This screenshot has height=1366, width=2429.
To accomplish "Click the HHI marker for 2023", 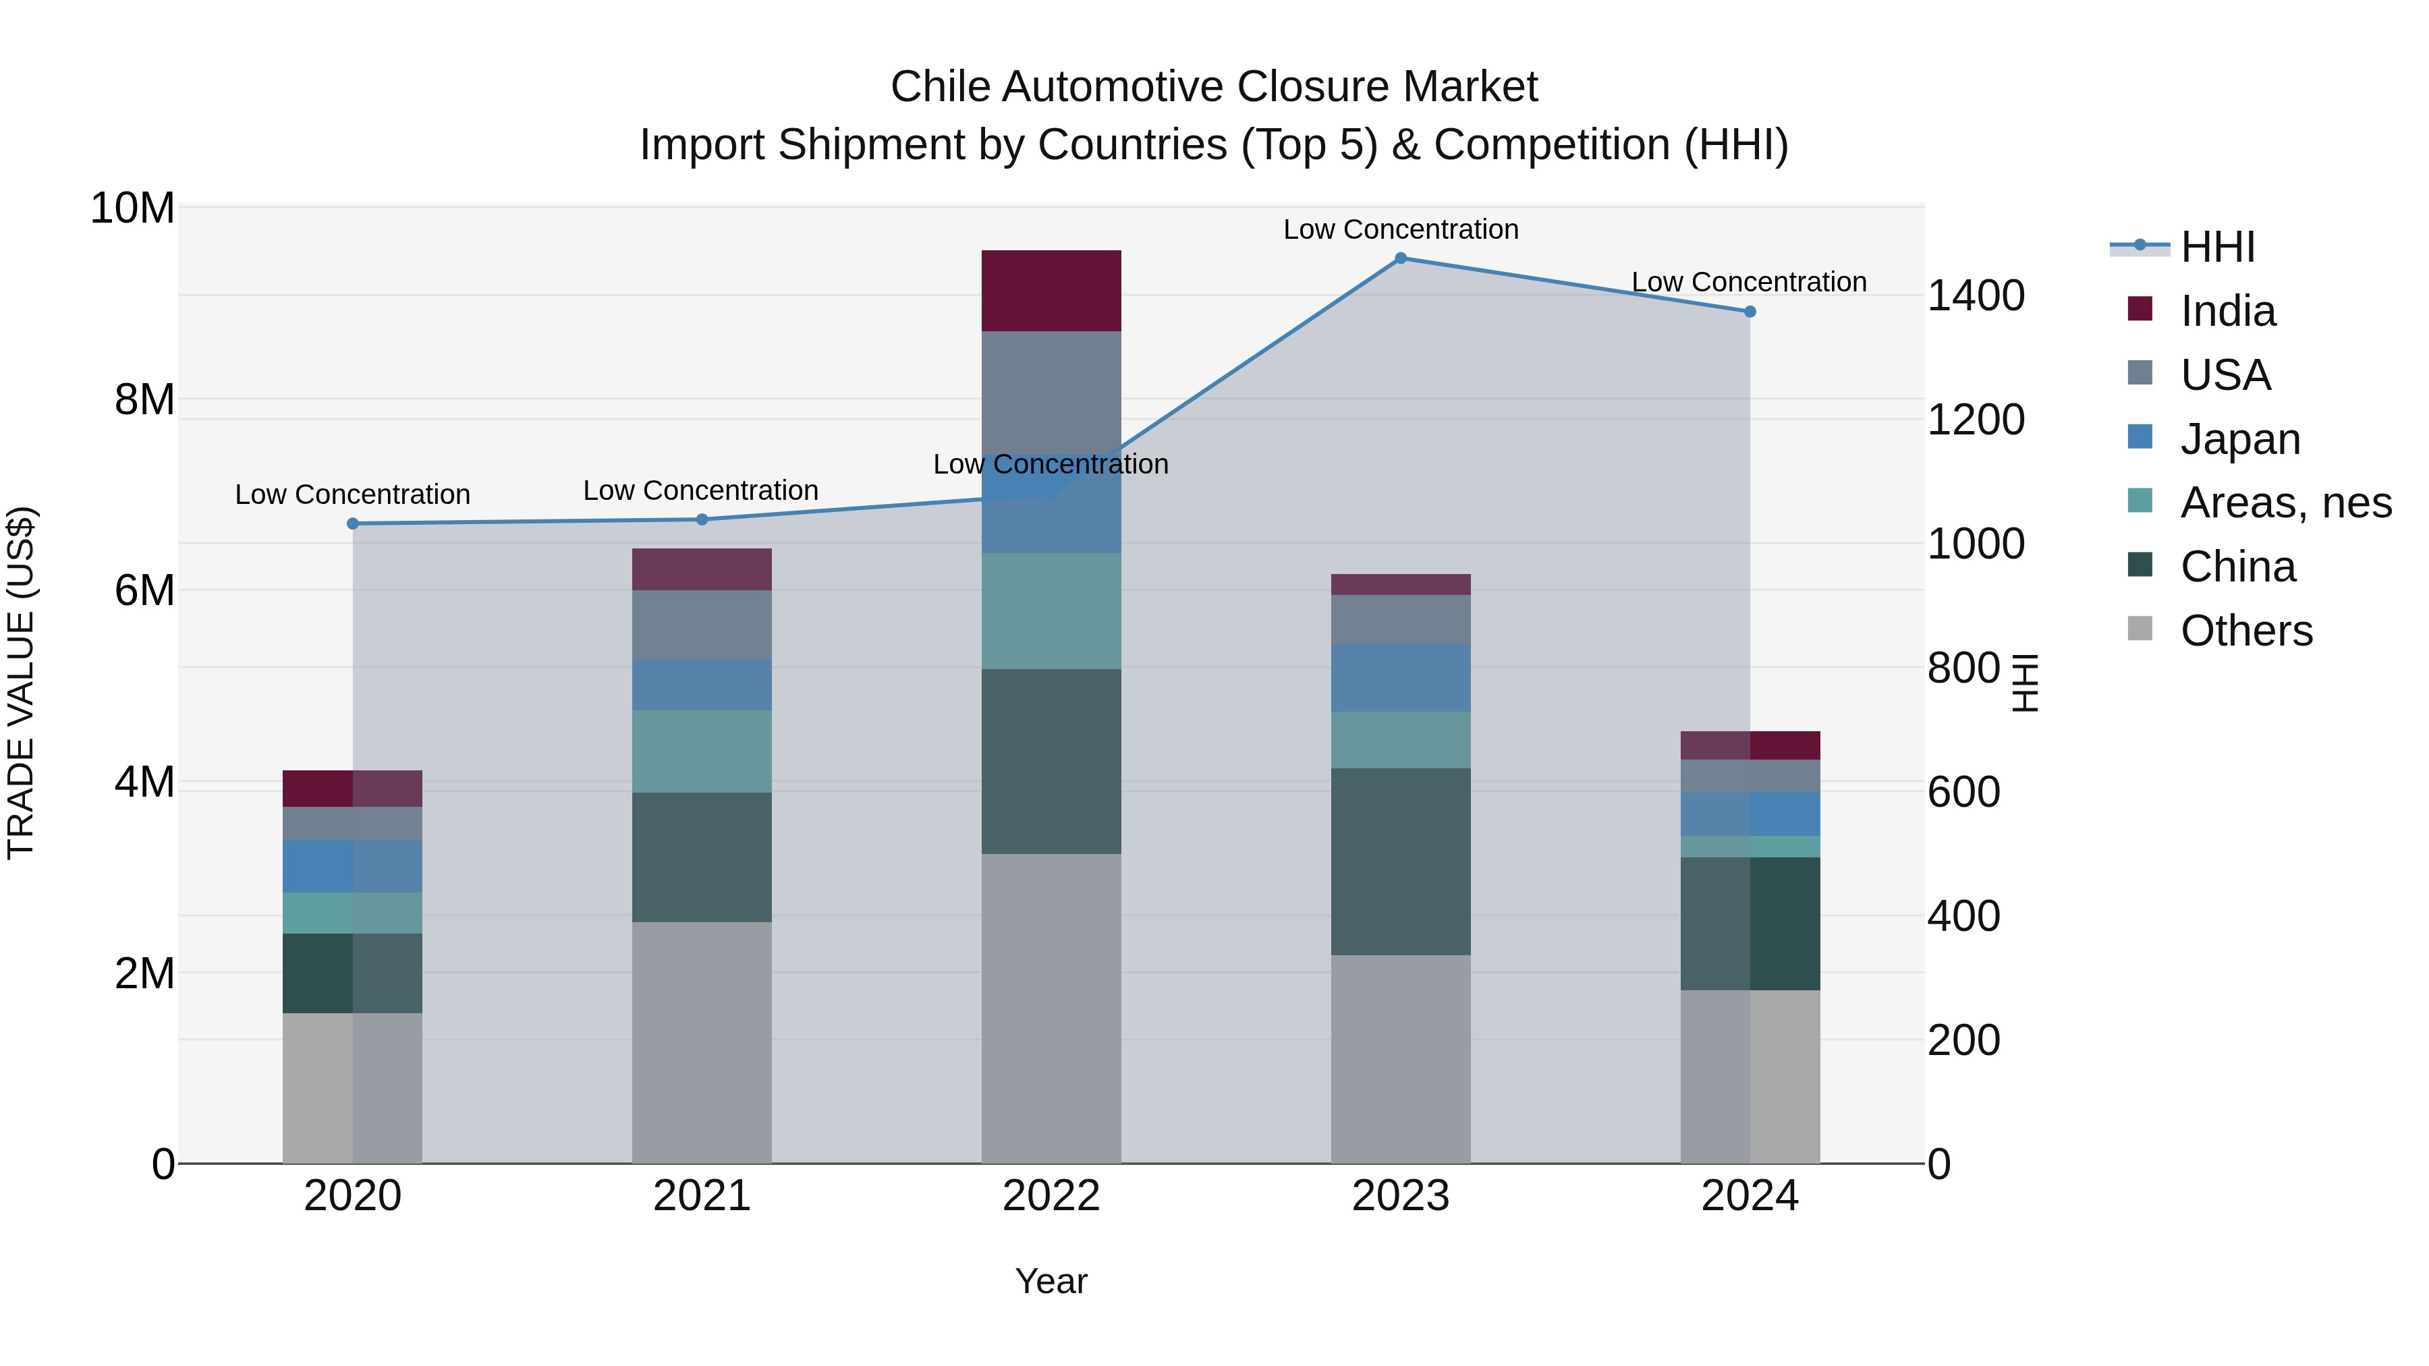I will click(1400, 258).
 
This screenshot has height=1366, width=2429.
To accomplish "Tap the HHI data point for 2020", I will click(353, 523).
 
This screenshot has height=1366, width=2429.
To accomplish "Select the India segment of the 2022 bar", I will click(1051, 290).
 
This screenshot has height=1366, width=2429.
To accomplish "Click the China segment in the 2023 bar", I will click(1400, 861).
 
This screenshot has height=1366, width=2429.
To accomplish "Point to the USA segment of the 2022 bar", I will click(1051, 391).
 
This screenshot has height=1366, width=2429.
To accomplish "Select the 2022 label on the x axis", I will click(1051, 1196).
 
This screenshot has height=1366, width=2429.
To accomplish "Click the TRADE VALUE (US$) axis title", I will click(21, 683).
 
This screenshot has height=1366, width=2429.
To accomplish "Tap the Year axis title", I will click(1051, 1281).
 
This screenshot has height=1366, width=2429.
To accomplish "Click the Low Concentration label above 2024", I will click(1748, 282).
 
